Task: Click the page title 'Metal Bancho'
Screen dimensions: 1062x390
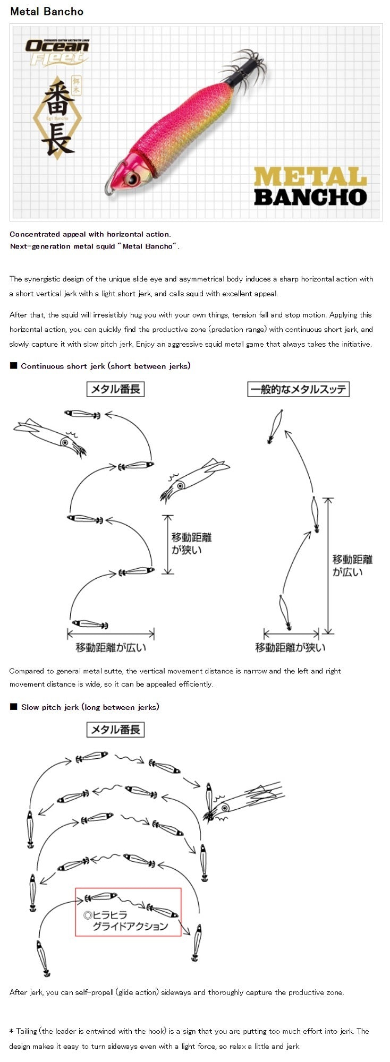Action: pyautogui.click(x=47, y=11)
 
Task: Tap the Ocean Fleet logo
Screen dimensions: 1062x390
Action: pyautogui.click(x=57, y=52)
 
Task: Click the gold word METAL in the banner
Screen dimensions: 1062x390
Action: pyautogui.click(x=310, y=177)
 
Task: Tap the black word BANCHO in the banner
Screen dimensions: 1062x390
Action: pyautogui.click(x=310, y=197)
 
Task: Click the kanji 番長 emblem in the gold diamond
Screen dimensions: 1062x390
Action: pyautogui.click(x=59, y=117)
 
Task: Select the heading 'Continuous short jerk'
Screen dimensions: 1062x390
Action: pyautogui.click(x=105, y=366)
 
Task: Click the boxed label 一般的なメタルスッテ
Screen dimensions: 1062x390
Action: pyautogui.click(x=298, y=389)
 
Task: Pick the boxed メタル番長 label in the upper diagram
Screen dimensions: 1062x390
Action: pyautogui.click(x=115, y=389)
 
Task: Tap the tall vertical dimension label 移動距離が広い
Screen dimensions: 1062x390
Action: pyautogui.click(x=352, y=566)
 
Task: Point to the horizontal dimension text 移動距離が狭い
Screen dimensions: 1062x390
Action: pyautogui.click(x=290, y=647)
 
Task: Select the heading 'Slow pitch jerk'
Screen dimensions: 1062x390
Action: pyautogui.click(x=90, y=707)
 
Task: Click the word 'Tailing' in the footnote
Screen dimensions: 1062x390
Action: pyautogui.click(x=27, y=1031)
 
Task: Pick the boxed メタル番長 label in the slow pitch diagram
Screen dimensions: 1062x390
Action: pyautogui.click(x=115, y=730)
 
